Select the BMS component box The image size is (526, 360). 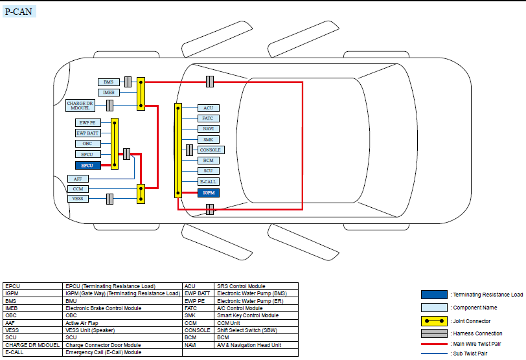pos(108,82)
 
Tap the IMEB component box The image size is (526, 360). pos(109,93)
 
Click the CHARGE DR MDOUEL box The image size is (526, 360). pos(80,104)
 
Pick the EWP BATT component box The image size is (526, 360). pos(87,133)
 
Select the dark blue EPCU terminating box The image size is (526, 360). pos(87,165)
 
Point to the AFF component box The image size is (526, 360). pos(78,178)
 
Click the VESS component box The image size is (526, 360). pos(78,199)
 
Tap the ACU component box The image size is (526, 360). pos(208,108)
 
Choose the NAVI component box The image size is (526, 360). pos(208,129)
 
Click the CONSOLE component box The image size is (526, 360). pos(211,150)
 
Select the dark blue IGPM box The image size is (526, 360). pos(208,192)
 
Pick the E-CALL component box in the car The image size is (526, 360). pos(208,182)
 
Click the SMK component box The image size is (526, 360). pos(208,139)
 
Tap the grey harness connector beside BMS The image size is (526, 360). pos(128,82)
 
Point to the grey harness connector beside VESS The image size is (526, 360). pos(110,199)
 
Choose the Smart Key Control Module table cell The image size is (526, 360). pos(247,316)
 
